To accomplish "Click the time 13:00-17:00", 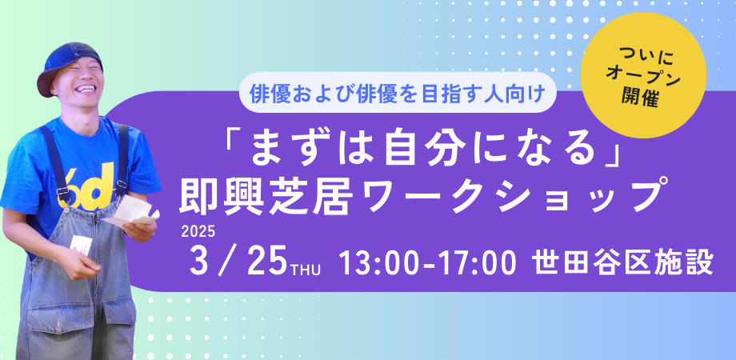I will [x=427, y=263].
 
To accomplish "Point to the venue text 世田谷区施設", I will [x=626, y=263].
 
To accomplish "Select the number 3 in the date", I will [x=199, y=262].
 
